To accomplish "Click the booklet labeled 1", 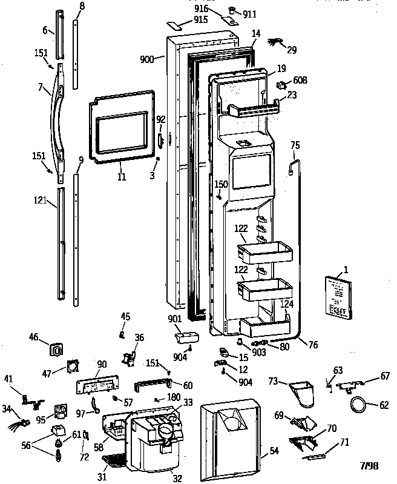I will click(x=336, y=296).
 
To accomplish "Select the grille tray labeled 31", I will click(x=112, y=464).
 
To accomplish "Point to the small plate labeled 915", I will click(x=177, y=25).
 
